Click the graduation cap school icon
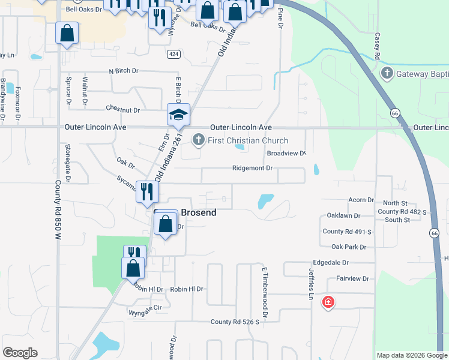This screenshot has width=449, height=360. [178, 114]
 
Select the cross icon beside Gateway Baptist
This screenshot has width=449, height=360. [387, 74]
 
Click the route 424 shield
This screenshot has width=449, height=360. [172, 53]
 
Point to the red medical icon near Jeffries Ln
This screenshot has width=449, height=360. [328, 302]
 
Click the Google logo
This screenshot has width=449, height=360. [20, 353]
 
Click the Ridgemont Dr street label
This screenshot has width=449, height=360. [252, 168]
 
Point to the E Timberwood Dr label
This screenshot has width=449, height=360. [264, 293]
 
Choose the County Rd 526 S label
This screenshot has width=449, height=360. [234, 322]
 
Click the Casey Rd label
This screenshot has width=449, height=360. [377, 46]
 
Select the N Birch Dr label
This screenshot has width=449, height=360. [123, 71]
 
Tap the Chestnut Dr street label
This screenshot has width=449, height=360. [122, 110]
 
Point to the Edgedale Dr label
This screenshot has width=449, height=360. [331, 263]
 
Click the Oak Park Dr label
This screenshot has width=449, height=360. [348, 247]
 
